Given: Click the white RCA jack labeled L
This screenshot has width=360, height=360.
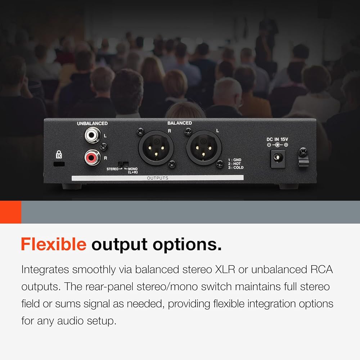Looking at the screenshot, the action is [x=93, y=135].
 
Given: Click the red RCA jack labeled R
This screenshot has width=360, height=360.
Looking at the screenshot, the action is [x=92, y=157].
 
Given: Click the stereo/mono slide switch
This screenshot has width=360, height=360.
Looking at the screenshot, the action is [x=123, y=164].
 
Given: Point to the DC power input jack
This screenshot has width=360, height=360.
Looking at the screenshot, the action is [x=278, y=159].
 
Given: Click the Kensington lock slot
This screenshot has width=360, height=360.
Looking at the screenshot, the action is [x=59, y=164].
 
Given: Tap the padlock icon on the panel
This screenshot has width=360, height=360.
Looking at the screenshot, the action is [x=59, y=154].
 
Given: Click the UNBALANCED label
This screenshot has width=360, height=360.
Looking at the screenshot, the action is [x=92, y=123].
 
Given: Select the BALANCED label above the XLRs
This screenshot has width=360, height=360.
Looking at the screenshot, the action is [x=180, y=123].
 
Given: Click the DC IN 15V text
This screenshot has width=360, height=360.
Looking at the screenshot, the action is [x=277, y=139].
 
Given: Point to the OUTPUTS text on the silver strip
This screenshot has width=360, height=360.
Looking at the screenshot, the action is [x=158, y=178].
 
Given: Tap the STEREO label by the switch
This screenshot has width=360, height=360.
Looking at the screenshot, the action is [x=112, y=169].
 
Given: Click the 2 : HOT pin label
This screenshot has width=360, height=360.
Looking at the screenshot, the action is [x=234, y=164].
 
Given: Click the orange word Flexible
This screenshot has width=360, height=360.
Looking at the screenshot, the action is [x=54, y=244].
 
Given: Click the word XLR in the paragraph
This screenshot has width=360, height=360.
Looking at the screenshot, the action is [x=225, y=270].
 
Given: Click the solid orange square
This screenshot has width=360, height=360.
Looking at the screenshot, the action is [x=10, y=212].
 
